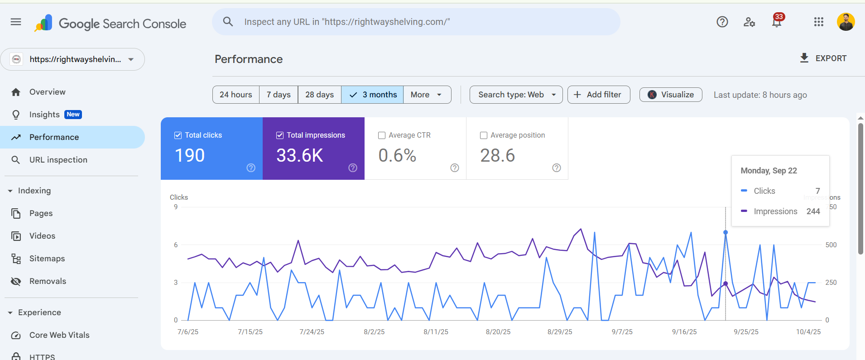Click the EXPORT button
[823, 58]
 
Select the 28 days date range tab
[319, 95]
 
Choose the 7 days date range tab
[279, 95]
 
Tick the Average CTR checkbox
[382, 135]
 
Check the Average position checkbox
[484, 135]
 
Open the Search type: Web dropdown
[516, 95]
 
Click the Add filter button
[598, 95]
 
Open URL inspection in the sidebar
[58, 160]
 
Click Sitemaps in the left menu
[47, 259]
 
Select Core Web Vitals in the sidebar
[59, 335]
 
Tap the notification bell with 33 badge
[777, 22]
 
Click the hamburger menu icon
[16, 22]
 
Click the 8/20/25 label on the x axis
[498, 332]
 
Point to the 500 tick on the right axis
[831, 245]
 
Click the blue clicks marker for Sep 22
[726, 232]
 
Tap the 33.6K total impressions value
[299, 156]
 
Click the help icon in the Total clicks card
[251, 168]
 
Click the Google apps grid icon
[818, 22]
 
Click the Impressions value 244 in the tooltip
[813, 211]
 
